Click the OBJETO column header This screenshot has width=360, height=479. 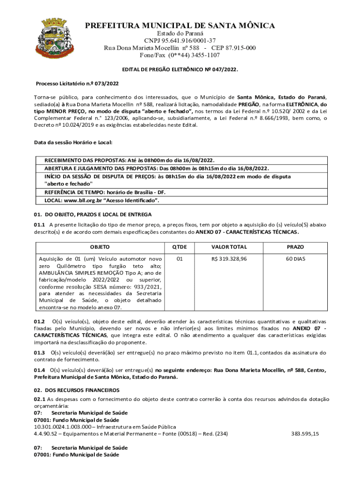tap(100, 247)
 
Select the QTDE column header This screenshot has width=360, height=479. tap(180, 247)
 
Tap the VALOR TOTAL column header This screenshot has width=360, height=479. tap(229, 247)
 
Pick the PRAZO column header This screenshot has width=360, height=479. tap(295, 247)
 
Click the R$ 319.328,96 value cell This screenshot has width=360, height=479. tap(229, 259)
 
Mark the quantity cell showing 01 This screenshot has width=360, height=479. tap(180, 259)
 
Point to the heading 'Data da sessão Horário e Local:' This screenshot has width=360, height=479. tap(73, 142)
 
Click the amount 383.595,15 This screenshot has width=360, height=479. tap(305, 434)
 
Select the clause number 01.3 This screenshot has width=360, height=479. tap(39, 352)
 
